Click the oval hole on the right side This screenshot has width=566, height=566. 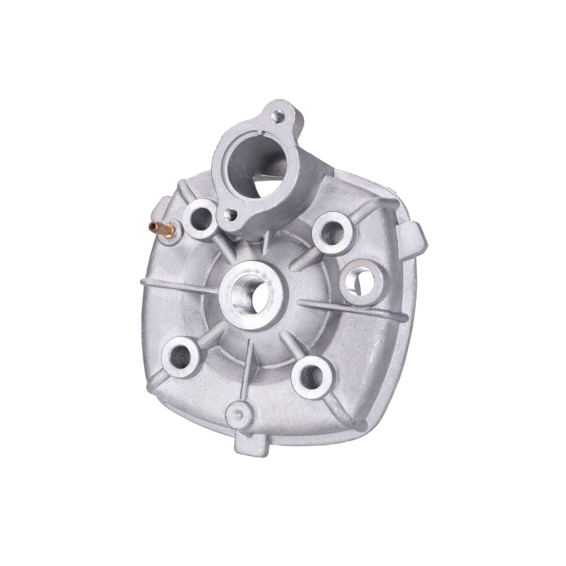(361, 280)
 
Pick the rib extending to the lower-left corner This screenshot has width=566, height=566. (157, 383)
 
